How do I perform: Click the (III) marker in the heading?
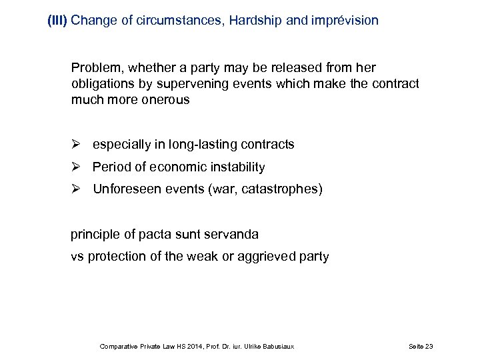pyautogui.click(x=57, y=21)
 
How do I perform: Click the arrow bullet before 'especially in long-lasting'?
pyautogui.click(x=77, y=145)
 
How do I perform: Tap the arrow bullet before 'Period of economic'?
pyautogui.click(x=77, y=167)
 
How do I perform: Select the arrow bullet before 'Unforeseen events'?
pyautogui.click(x=77, y=189)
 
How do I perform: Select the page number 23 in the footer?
pyautogui.click(x=429, y=347)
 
